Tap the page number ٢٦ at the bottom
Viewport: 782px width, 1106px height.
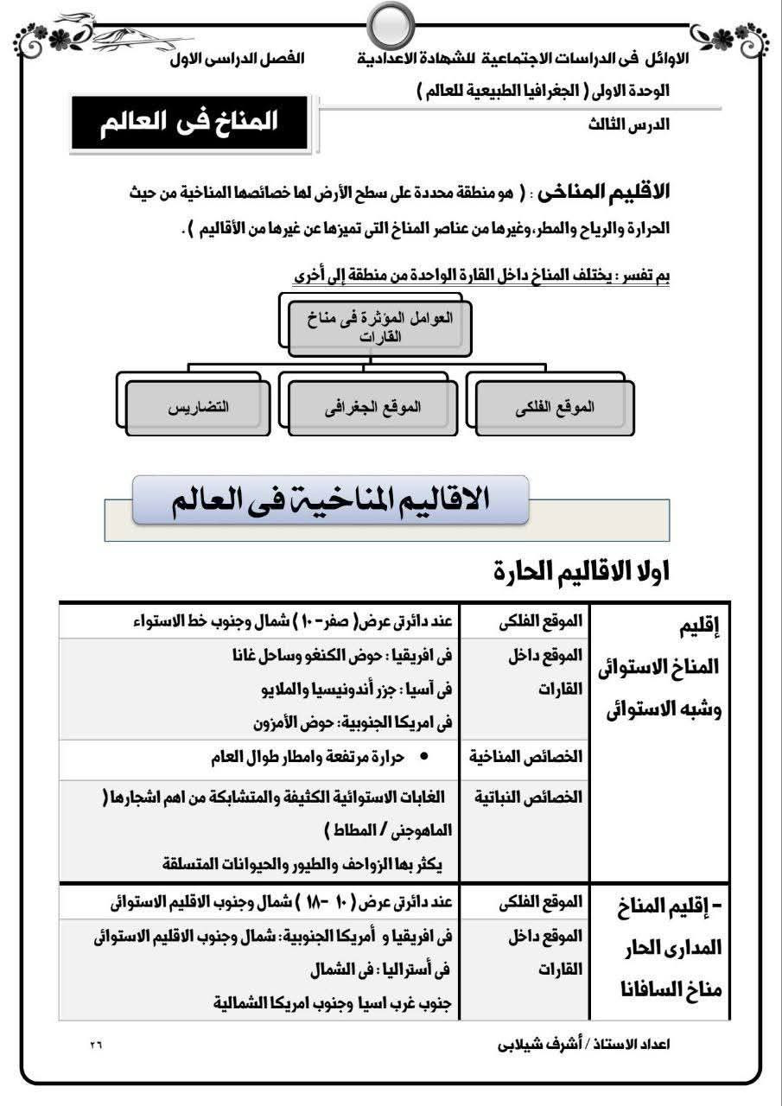click(x=95, y=1045)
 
